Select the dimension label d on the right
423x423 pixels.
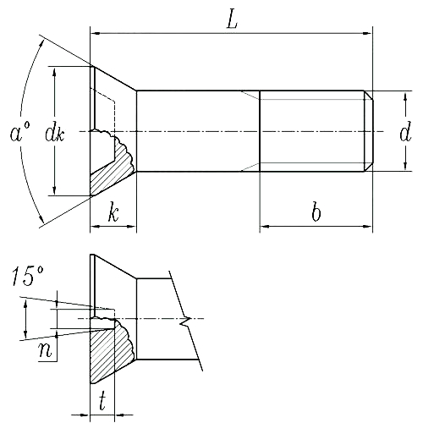(405, 132)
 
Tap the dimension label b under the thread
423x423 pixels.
(316, 212)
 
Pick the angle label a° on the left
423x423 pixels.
(19, 133)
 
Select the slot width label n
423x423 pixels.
(47, 348)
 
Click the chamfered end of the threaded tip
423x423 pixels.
(369, 131)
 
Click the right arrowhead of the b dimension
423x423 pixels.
(368, 227)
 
